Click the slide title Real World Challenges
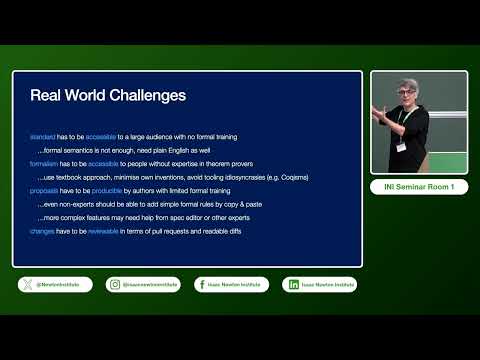pyautogui.click(x=107, y=97)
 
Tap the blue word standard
pyautogui.click(x=43, y=135)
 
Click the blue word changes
pyautogui.click(x=43, y=231)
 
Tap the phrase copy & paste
pyautogui.click(x=244, y=204)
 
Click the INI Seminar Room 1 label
pyautogui.click(x=419, y=187)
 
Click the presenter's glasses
pyautogui.click(x=413, y=96)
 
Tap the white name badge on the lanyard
pyautogui.click(x=401, y=147)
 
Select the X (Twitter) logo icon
pyautogui.click(x=26, y=285)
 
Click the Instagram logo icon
pyautogui.click(x=116, y=285)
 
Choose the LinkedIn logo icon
pyautogui.click(x=293, y=285)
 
